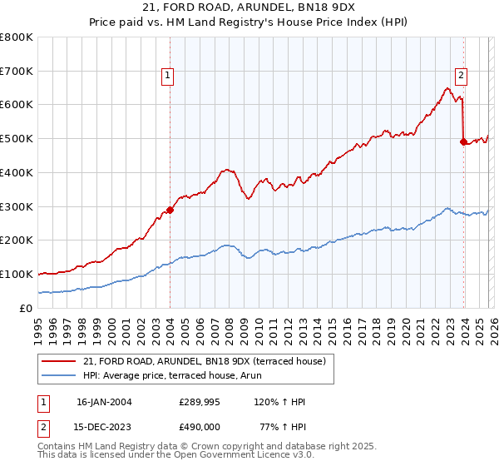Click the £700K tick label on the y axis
[17, 72]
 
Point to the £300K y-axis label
[17, 206]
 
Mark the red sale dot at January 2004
[170, 210]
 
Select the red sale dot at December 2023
[463, 141]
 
